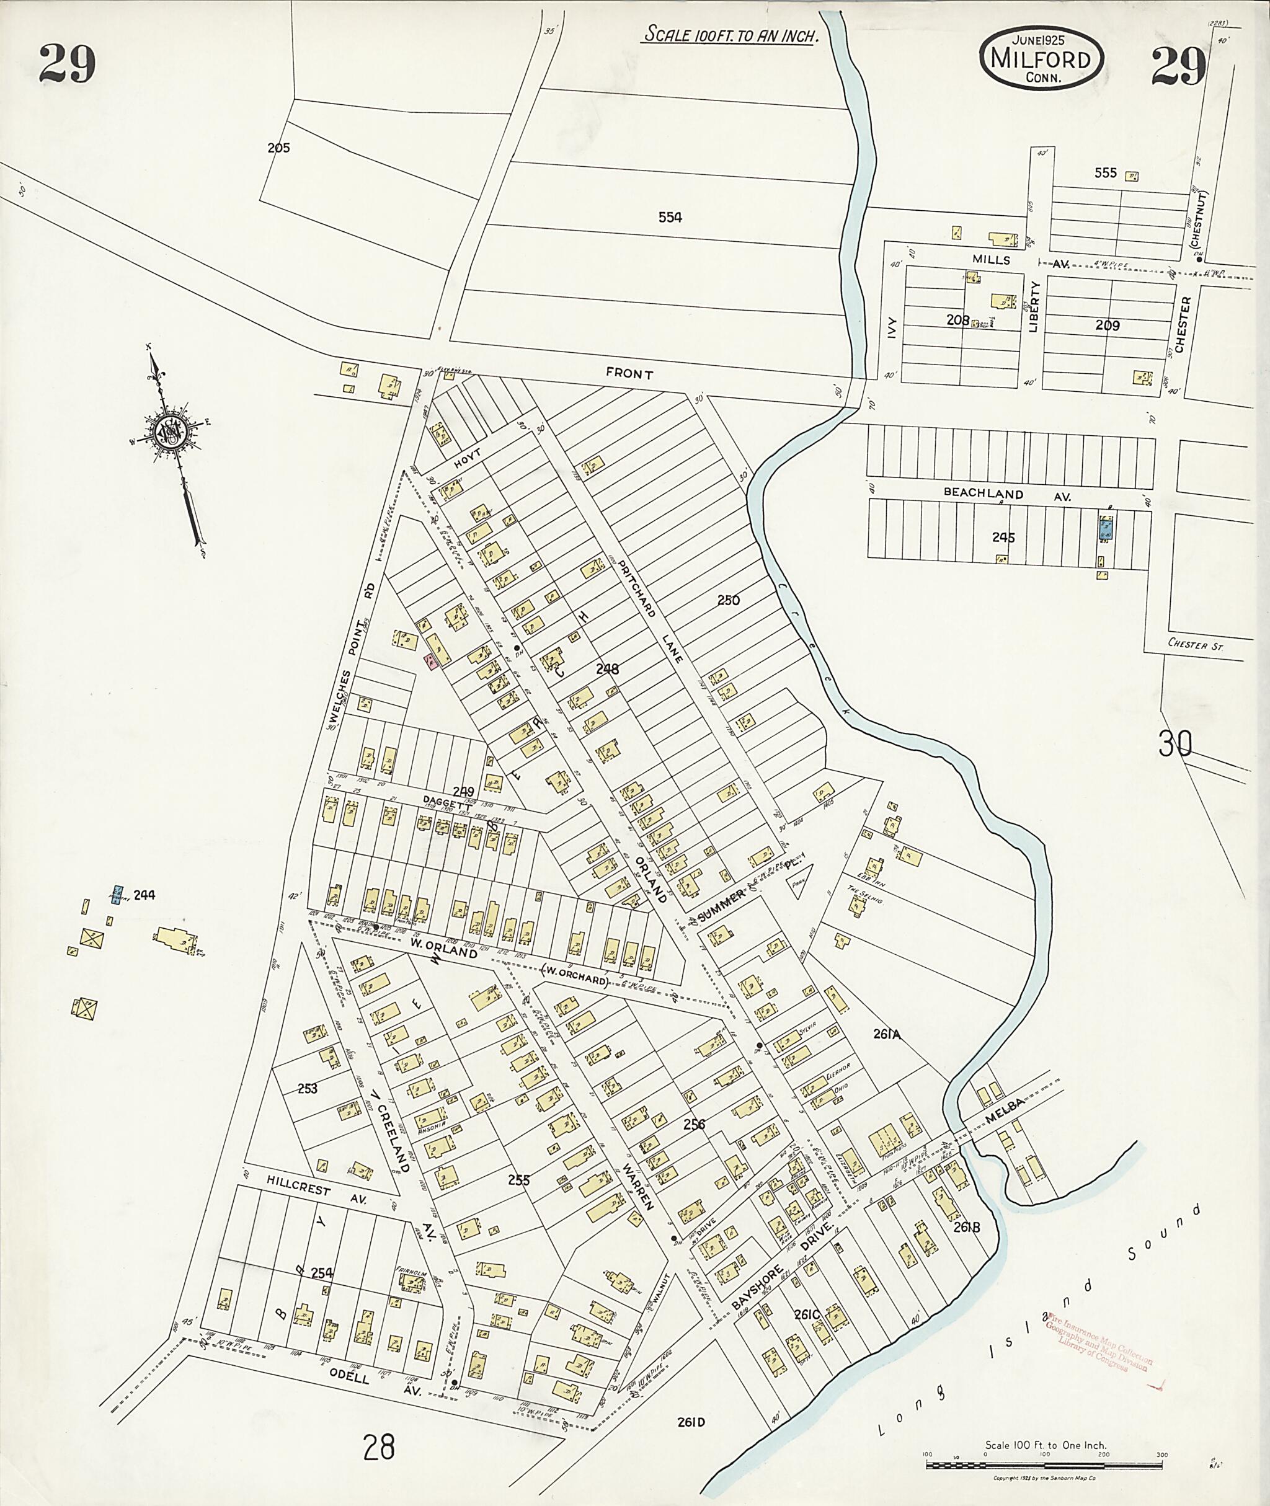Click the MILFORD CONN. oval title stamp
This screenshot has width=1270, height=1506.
pyautogui.click(x=1041, y=58)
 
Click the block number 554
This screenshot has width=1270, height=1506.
pyautogui.click(x=670, y=218)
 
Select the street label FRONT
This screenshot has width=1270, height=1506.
pyautogui.click(x=629, y=374)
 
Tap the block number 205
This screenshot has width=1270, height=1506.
pyautogui.click(x=278, y=148)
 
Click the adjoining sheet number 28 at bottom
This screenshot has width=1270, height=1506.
pyautogui.click(x=380, y=1446)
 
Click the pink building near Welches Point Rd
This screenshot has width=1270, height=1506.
pyautogui.click(x=430, y=661)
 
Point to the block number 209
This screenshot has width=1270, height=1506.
pyautogui.click(x=1108, y=326)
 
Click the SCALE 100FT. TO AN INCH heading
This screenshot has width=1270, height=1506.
pyautogui.click(x=730, y=35)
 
